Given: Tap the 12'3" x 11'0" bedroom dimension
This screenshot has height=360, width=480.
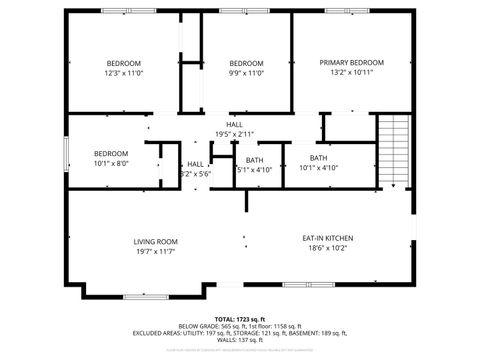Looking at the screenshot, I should point(124,73).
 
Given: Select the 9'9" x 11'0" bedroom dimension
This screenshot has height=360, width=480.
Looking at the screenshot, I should point(246,73).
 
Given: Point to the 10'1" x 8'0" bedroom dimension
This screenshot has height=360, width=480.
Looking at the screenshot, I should point(111,163).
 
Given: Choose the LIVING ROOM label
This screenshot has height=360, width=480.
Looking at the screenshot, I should point(156,241).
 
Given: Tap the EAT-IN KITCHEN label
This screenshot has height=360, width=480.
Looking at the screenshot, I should point(328,238).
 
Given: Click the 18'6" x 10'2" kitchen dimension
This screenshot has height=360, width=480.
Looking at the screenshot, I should point(328,248).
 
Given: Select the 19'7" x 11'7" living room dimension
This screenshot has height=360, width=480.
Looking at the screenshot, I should point(156,251).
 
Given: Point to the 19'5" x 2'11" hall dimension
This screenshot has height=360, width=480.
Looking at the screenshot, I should point(234,134).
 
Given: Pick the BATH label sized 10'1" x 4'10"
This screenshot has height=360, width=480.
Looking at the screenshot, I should point(317,157).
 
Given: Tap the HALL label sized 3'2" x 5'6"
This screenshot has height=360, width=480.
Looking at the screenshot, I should point(196,164).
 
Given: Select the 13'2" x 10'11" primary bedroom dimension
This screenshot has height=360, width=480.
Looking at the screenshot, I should point(352,73).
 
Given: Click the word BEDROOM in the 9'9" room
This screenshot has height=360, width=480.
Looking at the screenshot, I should point(246,63).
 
